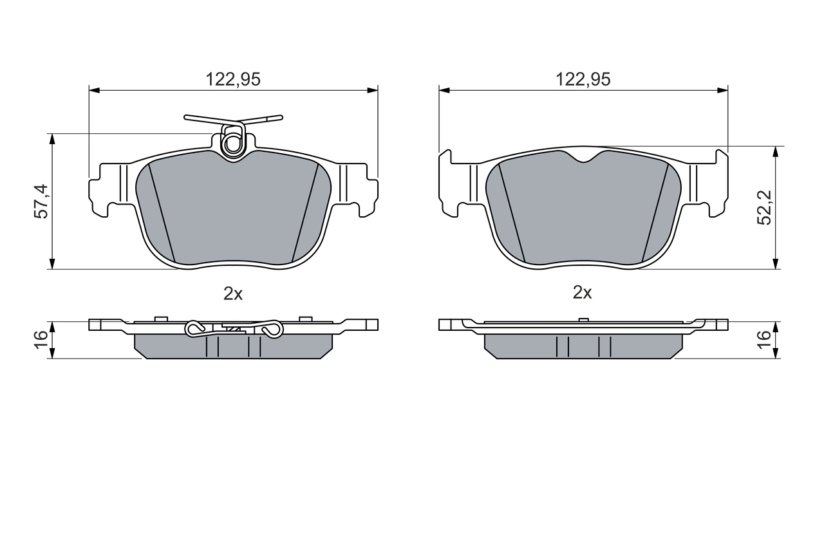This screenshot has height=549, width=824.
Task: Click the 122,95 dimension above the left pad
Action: click(x=232, y=79)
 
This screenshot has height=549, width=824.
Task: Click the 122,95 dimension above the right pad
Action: click(x=583, y=79)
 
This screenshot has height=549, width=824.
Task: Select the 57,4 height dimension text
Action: click(x=41, y=201)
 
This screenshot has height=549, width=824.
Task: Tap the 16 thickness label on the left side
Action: click(x=41, y=339)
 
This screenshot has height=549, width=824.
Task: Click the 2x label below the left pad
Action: click(x=232, y=293)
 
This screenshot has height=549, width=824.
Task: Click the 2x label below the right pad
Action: click(x=582, y=293)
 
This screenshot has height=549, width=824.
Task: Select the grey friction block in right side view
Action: click(x=583, y=346)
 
